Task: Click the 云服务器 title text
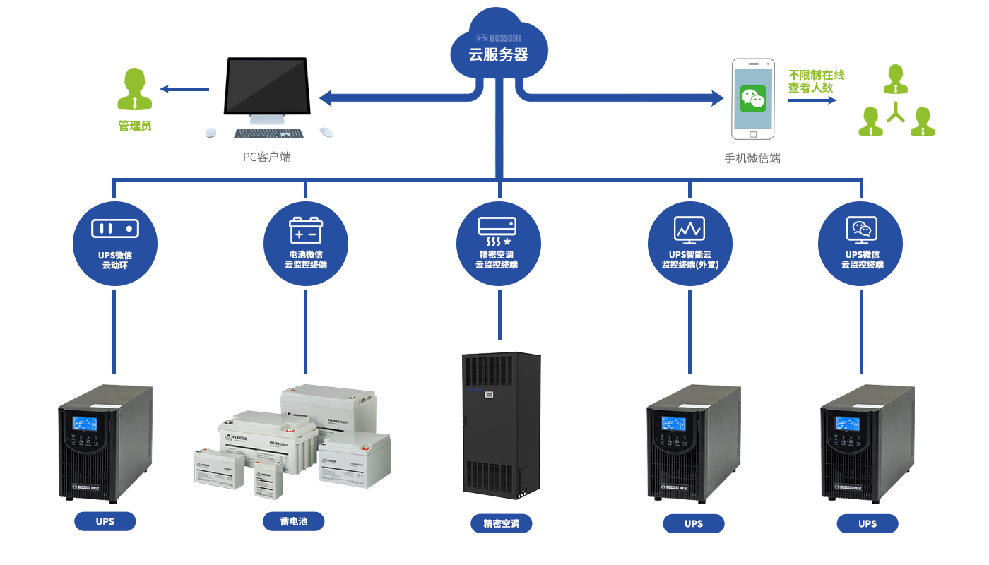pos(498,54)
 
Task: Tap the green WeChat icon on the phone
pos(753,98)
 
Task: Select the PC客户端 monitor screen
pos(266,87)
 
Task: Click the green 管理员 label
pos(135,126)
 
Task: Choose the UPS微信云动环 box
pos(115,244)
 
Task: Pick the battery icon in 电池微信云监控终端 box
pos(306,230)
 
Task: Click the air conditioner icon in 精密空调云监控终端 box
pos(497,232)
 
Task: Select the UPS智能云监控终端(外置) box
pos(690,244)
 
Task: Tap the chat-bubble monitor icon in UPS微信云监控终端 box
pos(861,230)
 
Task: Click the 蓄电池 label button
pos(293,521)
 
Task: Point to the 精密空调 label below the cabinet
pos(502,523)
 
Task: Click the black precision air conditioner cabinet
pos(501,424)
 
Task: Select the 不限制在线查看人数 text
pos(816,81)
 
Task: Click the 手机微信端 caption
pos(752,158)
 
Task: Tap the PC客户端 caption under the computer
pos(267,157)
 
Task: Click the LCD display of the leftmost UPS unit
pos(85,423)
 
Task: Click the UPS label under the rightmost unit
pos(867,523)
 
